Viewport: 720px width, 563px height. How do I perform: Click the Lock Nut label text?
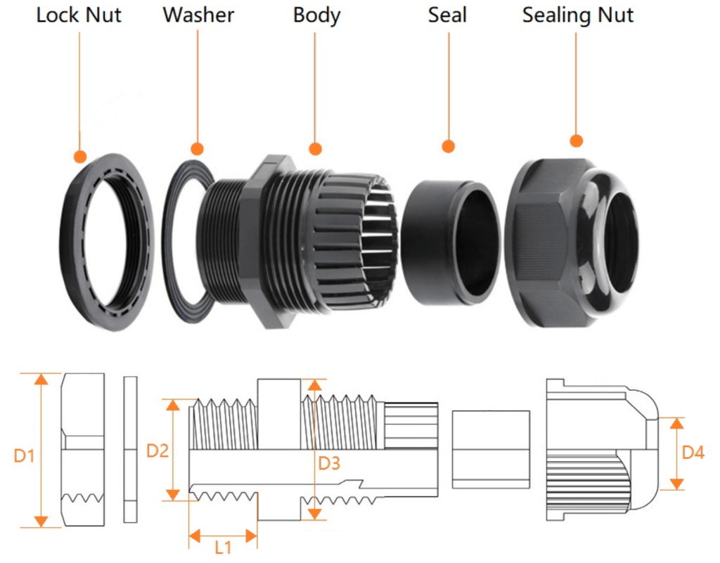(79, 15)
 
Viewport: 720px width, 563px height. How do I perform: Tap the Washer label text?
(198, 15)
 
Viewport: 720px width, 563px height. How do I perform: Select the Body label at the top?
(316, 15)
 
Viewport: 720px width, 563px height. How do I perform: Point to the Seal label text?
(447, 15)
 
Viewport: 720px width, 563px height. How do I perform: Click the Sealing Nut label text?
(577, 15)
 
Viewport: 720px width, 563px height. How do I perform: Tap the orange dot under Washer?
(198, 149)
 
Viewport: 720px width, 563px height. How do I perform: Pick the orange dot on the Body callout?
(316, 149)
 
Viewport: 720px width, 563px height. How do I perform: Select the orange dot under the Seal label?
(448, 146)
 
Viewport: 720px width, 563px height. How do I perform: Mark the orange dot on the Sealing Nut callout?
(577, 141)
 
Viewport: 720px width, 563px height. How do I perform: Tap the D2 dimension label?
(157, 451)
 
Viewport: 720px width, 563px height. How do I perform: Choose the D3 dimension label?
(329, 462)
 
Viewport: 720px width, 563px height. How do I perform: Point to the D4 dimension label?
(693, 453)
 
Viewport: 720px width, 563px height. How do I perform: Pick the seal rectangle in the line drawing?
(490, 449)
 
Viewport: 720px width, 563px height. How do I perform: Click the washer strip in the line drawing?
(131, 450)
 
